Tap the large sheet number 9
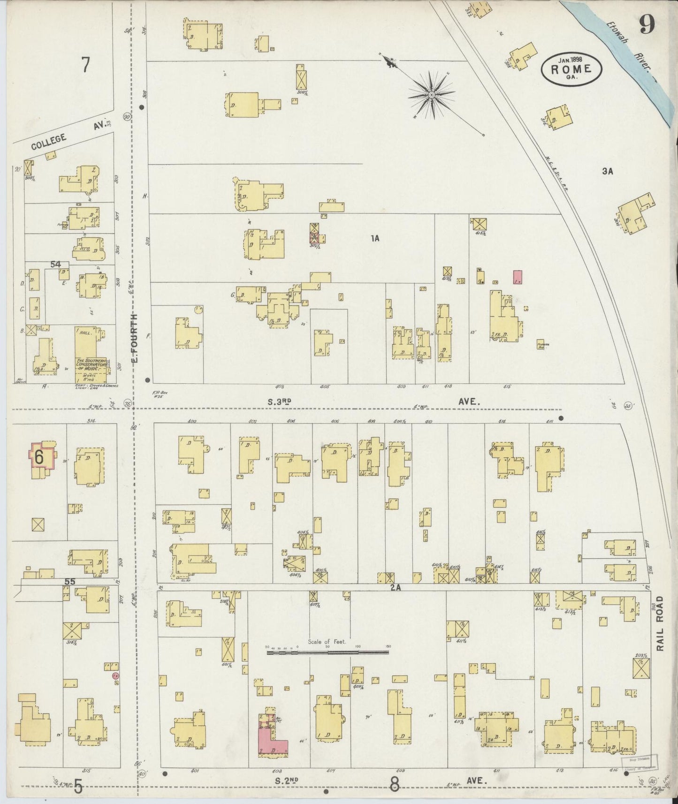coord(647,24)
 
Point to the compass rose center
coord(431,95)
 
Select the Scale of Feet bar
coord(328,652)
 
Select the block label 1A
coord(374,239)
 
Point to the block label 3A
coord(608,172)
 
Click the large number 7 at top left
coord(85,65)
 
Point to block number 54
coord(56,265)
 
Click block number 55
coord(69,582)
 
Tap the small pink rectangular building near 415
coord(518,277)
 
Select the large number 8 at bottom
coord(394,784)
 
